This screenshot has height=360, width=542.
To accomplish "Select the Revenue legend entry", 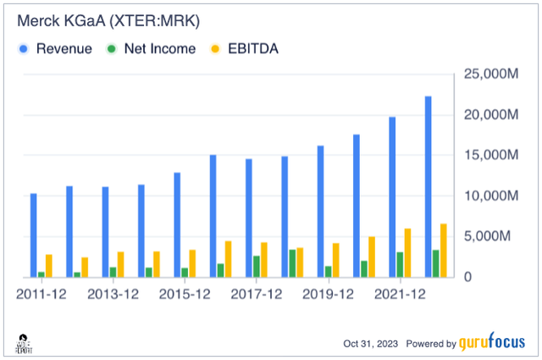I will point(56,49).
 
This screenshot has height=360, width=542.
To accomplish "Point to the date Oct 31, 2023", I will point(370,344).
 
